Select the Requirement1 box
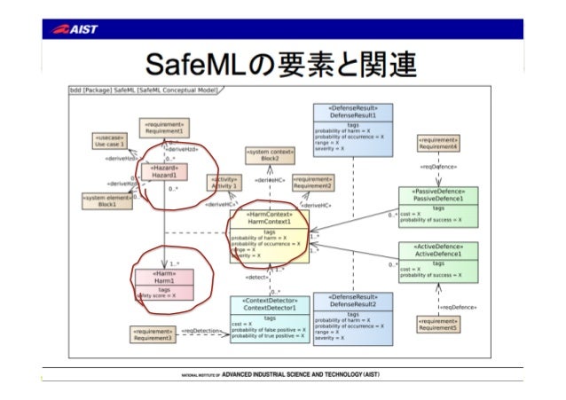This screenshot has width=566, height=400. point(162,127)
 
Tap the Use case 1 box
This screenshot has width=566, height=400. point(110,142)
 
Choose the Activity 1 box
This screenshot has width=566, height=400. point(224,183)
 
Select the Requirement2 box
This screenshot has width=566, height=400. point(311,182)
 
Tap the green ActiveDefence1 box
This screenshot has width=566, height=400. point(438,261)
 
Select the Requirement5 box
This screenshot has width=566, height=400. point(438,325)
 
